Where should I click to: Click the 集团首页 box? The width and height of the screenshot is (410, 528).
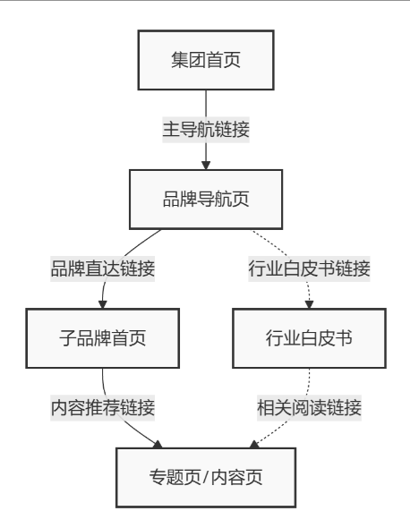coord(206,60)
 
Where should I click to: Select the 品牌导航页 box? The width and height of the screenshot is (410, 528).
coord(206,200)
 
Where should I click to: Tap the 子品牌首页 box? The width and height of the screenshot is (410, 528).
coord(102,338)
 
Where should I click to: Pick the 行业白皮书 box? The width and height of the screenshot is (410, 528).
coord(309,338)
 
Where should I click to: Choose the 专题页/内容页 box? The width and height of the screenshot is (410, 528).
coord(206,478)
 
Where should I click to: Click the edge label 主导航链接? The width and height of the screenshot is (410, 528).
coord(206,130)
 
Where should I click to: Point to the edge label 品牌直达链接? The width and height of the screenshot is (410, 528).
coord(102,268)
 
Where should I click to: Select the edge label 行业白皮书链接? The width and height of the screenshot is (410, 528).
coord(309,268)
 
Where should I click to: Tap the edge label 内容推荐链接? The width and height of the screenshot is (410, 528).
coord(102,408)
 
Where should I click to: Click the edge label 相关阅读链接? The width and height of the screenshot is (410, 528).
coord(309,408)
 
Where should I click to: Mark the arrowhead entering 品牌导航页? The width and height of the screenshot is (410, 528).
coord(206,166)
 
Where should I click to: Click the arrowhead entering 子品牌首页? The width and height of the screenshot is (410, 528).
coord(103,304)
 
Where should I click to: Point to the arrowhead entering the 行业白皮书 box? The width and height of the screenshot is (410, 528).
coord(309,304)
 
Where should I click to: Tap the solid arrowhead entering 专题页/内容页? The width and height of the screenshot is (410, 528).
coord(158,444)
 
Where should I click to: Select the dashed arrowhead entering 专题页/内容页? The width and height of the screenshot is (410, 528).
coord(254,444)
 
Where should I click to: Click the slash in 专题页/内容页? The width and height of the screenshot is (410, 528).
coord(206,478)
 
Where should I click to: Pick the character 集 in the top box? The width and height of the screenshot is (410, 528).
coord(180,60)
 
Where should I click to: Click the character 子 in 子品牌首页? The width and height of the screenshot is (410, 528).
coord(68,338)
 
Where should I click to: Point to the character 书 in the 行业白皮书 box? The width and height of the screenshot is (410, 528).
coord(344,338)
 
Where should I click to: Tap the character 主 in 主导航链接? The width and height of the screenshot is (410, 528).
coord(171,130)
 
